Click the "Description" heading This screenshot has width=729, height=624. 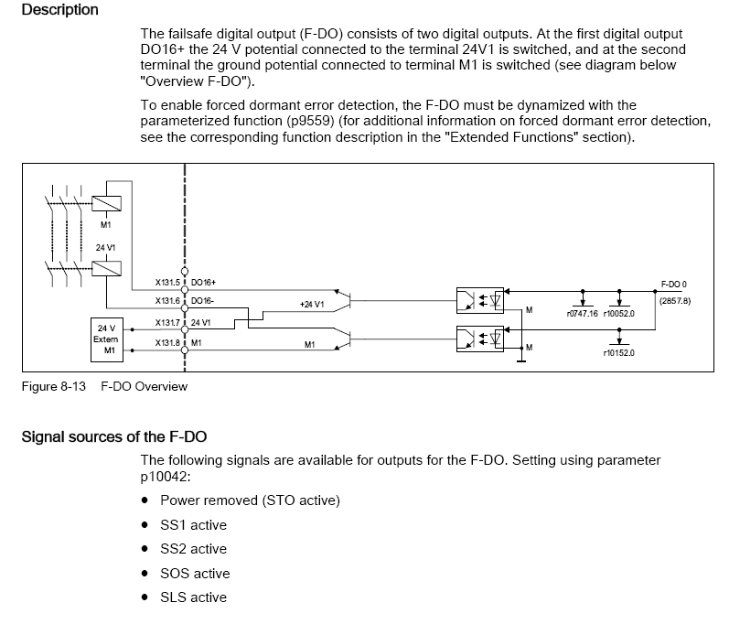tap(59, 10)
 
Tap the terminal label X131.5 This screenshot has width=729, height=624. tap(169, 283)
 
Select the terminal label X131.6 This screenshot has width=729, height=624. tap(169, 300)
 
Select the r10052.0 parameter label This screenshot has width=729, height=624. tap(619, 313)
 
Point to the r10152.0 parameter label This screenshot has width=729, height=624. tap(619, 352)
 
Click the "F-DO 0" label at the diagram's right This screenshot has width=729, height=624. tap(673, 285)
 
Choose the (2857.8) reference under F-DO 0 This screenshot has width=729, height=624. tap(674, 300)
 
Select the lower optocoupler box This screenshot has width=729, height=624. tap(481, 339)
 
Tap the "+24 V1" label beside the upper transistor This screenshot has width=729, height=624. tap(312, 304)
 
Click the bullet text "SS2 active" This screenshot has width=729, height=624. tap(193, 549)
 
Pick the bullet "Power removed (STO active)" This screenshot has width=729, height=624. tap(250, 500)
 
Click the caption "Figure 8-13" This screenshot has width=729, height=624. tap(53, 386)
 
